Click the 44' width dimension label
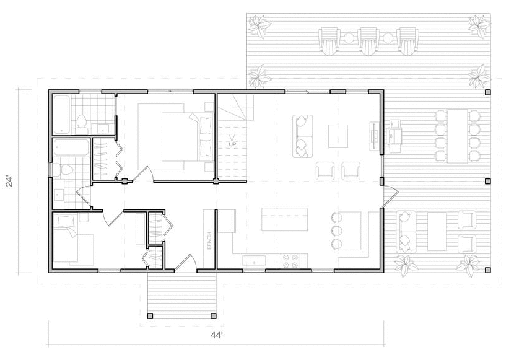click(217, 335)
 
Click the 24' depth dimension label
click(10, 182)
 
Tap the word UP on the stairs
click(232, 144)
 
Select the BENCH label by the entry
click(209, 241)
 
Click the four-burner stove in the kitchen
click(290, 261)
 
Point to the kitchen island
click(284, 219)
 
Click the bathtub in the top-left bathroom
click(61, 115)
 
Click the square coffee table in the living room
click(338, 136)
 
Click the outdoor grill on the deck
click(393, 133)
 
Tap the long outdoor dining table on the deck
click(457, 136)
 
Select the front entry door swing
click(186, 262)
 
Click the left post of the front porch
click(150, 316)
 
